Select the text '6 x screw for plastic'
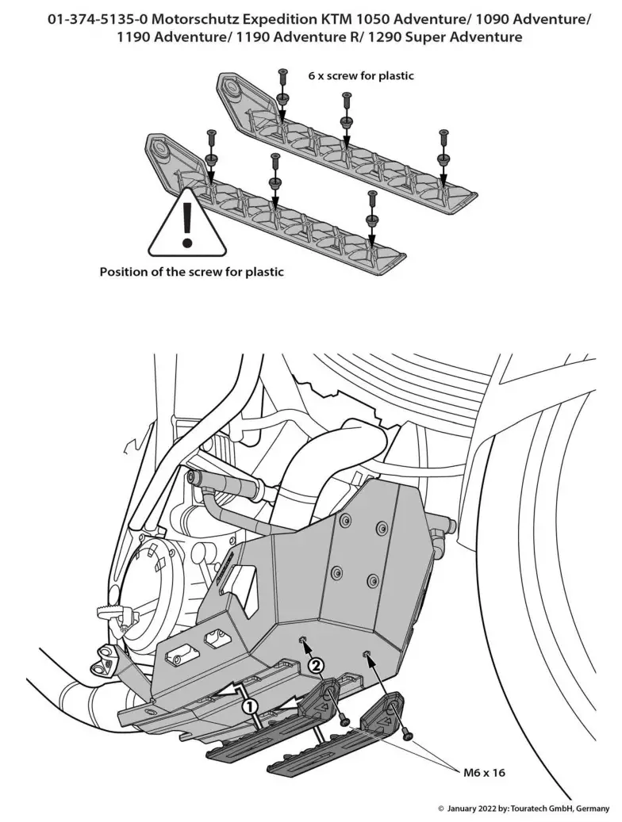pos(361,76)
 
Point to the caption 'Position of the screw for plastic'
pos(191,271)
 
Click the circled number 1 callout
pos(250,704)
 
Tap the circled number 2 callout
pos(315,666)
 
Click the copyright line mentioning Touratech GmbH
pos(524,809)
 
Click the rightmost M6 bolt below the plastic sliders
pos(409,736)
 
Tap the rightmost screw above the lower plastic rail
pos(371,196)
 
